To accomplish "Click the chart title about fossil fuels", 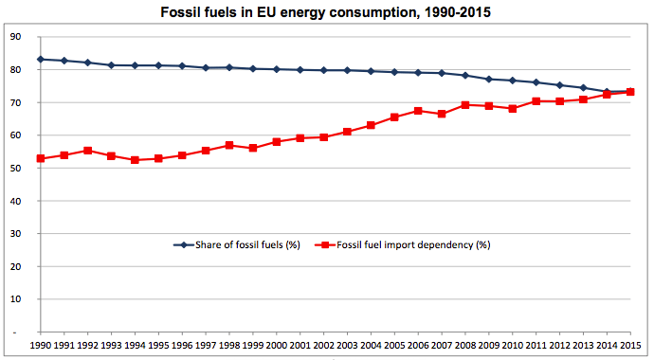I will (327, 13).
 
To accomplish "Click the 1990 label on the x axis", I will (41, 347).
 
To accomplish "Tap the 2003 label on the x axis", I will (347, 347).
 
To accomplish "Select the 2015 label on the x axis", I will (629, 347).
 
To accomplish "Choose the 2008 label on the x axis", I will (464, 347).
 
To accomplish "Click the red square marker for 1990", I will (41, 158).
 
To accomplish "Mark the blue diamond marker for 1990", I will (41, 60).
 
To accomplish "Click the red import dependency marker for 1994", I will (135, 160).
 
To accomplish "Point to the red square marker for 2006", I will (418, 111).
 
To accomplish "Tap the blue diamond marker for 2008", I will (464, 75).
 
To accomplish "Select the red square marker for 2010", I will (512, 108).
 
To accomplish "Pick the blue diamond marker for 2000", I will (276, 69).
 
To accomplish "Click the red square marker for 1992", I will (87, 151).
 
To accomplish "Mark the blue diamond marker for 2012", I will (559, 85).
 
